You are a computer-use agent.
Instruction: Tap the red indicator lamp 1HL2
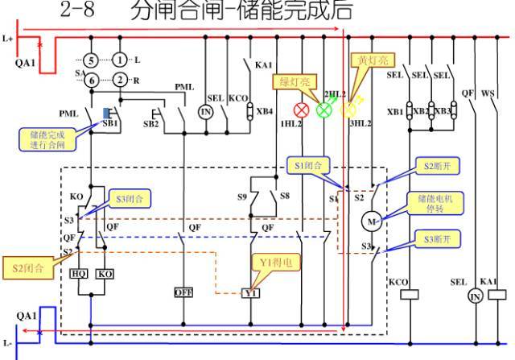(x=303, y=110)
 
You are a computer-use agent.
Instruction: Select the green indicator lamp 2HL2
(x=325, y=110)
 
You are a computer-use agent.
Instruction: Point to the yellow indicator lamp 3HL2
(x=348, y=110)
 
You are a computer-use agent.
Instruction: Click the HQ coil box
(x=79, y=274)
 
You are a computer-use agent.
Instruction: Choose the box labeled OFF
(x=183, y=292)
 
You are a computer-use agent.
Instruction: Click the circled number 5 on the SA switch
(x=92, y=61)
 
